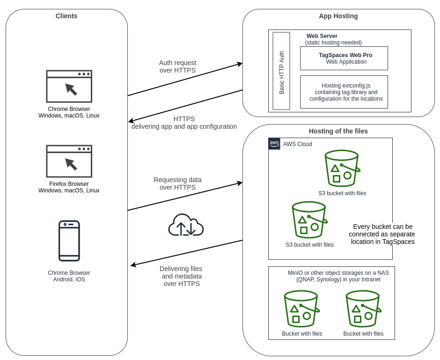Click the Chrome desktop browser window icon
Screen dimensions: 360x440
(x=69, y=86)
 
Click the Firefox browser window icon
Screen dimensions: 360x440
(x=69, y=161)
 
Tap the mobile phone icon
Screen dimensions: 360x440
(x=69, y=241)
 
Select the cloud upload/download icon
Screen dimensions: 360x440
(x=186, y=225)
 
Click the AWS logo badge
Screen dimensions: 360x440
(x=274, y=144)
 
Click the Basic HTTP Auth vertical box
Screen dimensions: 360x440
(x=281, y=71)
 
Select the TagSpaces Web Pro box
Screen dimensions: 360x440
(x=344, y=58)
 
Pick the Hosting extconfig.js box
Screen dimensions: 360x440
(x=344, y=92)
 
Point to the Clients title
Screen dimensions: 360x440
(x=66, y=16)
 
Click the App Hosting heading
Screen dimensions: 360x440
(x=338, y=16)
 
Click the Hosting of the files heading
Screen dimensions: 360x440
(x=338, y=131)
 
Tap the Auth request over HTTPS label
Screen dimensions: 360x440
(x=177, y=66)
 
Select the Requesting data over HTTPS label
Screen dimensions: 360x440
(x=177, y=184)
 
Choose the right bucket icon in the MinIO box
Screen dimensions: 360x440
(x=363, y=309)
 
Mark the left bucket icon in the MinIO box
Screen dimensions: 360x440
(x=301, y=309)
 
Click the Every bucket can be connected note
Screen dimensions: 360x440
(x=382, y=234)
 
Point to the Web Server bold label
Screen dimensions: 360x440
(x=322, y=36)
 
